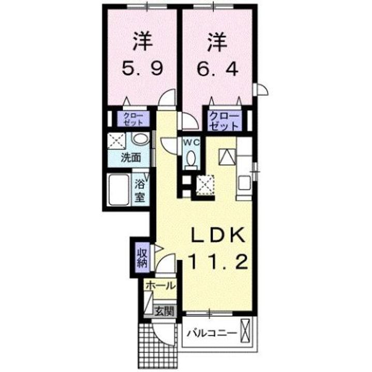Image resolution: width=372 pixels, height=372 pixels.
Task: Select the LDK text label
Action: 217,235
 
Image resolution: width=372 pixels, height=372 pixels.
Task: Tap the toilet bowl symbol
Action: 190,158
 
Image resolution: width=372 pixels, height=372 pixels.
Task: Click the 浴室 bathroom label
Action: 140,190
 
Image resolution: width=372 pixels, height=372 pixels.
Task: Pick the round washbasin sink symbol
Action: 139,140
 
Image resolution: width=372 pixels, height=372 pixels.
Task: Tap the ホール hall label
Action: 159,286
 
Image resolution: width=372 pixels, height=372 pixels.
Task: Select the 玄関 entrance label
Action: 165,312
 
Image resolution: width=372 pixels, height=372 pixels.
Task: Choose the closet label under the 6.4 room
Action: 224,120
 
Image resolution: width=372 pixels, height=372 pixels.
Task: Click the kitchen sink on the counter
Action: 244,183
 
